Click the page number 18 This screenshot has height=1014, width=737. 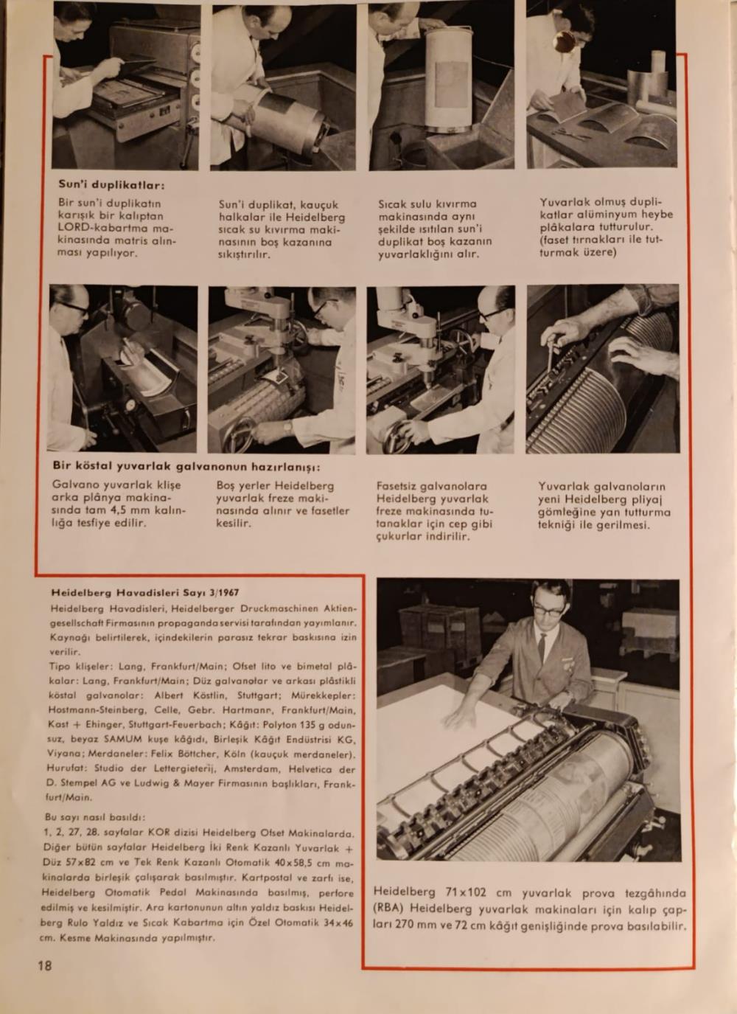pyautogui.click(x=45, y=965)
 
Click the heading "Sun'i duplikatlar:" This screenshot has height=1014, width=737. pyautogui.click(x=111, y=184)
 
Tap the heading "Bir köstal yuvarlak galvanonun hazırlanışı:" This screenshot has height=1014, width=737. pyautogui.click(x=186, y=467)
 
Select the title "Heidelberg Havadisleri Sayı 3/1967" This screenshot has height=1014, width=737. pyautogui.click(x=145, y=592)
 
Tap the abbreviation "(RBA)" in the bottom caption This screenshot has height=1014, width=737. pyautogui.click(x=388, y=909)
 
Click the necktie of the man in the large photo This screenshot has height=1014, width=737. pyautogui.click(x=542, y=647)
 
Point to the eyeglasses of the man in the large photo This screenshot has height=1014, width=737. pyautogui.click(x=548, y=610)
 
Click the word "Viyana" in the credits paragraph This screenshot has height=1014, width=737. pyautogui.click(x=65, y=754)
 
